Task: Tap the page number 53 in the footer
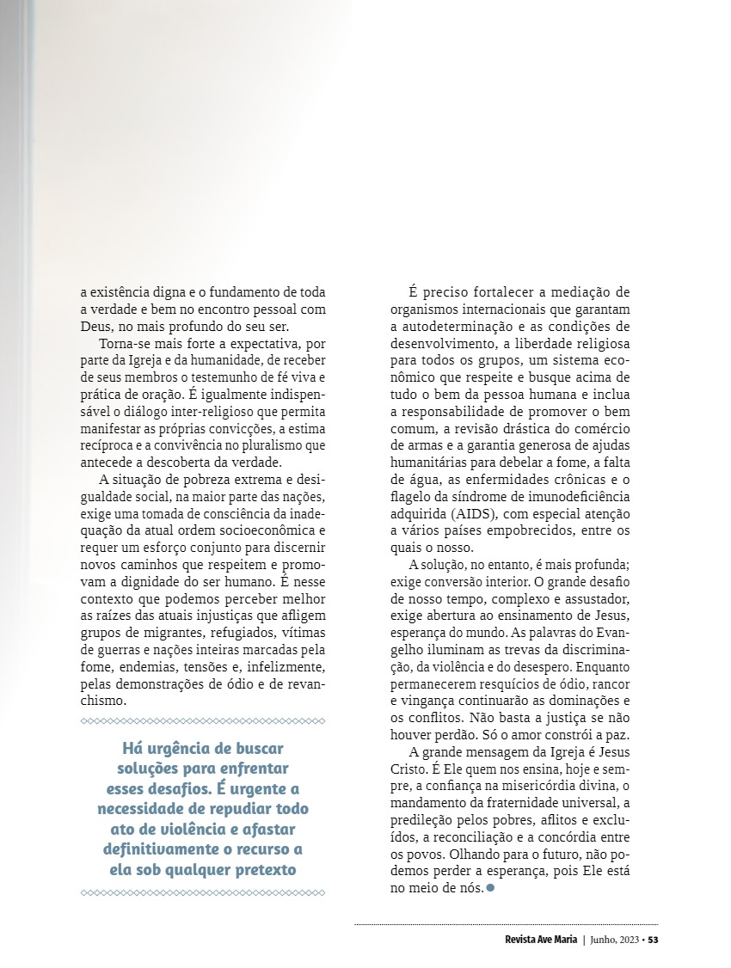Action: pyautogui.click(x=653, y=939)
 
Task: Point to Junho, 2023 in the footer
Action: pyautogui.click(x=617, y=939)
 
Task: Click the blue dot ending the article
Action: pyautogui.click(x=490, y=887)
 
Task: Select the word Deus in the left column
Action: pyautogui.click(x=95, y=328)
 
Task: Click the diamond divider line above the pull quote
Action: pyautogui.click(x=203, y=720)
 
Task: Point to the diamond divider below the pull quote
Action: pyautogui.click(x=203, y=892)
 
